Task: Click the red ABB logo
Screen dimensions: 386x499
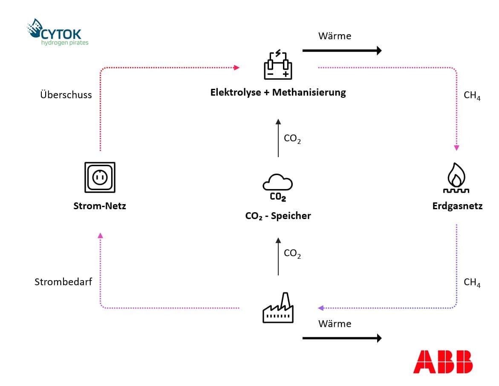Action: tap(442, 362)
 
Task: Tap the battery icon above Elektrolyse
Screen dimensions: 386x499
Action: tap(278, 64)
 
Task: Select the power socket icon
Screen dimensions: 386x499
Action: tap(100, 177)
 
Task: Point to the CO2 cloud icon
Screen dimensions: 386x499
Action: tap(278, 186)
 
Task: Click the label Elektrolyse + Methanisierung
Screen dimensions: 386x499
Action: tap(278, 92)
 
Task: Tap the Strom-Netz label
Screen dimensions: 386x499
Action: tap(100, 206)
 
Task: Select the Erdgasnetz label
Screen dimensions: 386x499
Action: tap(457, 206)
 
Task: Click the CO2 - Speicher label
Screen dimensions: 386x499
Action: tap(278, 216)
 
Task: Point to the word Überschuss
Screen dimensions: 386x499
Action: tap(66, 95)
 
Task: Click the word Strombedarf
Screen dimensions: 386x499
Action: tap(63, 282)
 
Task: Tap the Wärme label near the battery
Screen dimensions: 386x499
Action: tap(335, 36)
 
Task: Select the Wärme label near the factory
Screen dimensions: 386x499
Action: tap(335, 324)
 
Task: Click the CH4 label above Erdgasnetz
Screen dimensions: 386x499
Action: tap(472, 95)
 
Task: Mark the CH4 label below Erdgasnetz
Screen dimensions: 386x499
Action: tap(472, 283)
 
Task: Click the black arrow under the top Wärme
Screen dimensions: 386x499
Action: tap(342, 51)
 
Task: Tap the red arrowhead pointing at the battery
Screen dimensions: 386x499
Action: tap(237, 67)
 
